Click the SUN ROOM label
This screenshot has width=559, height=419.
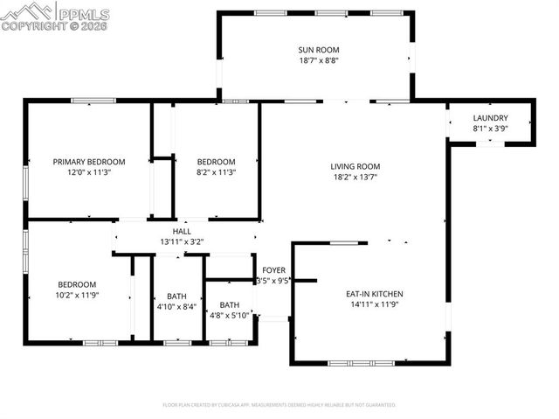pos(318,50)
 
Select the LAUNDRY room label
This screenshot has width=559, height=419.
pos(490,118)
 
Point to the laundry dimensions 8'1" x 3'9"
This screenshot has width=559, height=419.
pos(490,129)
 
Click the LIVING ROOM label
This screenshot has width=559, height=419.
pos(355,166)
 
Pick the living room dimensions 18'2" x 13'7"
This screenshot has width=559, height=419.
pos(355,178)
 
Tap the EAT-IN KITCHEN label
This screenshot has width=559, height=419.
pos(375,294)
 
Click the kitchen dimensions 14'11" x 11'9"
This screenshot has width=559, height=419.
pos(375,306)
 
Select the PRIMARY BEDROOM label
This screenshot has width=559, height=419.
pos(89,162)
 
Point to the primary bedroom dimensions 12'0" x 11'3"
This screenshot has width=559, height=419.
pos(89,172)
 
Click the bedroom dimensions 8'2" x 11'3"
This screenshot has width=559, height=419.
pos(216,172)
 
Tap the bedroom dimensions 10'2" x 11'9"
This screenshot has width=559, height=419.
pos(78,296)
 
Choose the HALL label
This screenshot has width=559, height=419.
pos(182,231)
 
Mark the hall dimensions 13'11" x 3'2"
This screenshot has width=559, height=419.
pos(182,241)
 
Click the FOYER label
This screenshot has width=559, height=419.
pos(274,270)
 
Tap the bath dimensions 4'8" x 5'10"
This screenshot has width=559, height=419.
pos(230,317)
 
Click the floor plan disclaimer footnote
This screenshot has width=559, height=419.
pos(279,405)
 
